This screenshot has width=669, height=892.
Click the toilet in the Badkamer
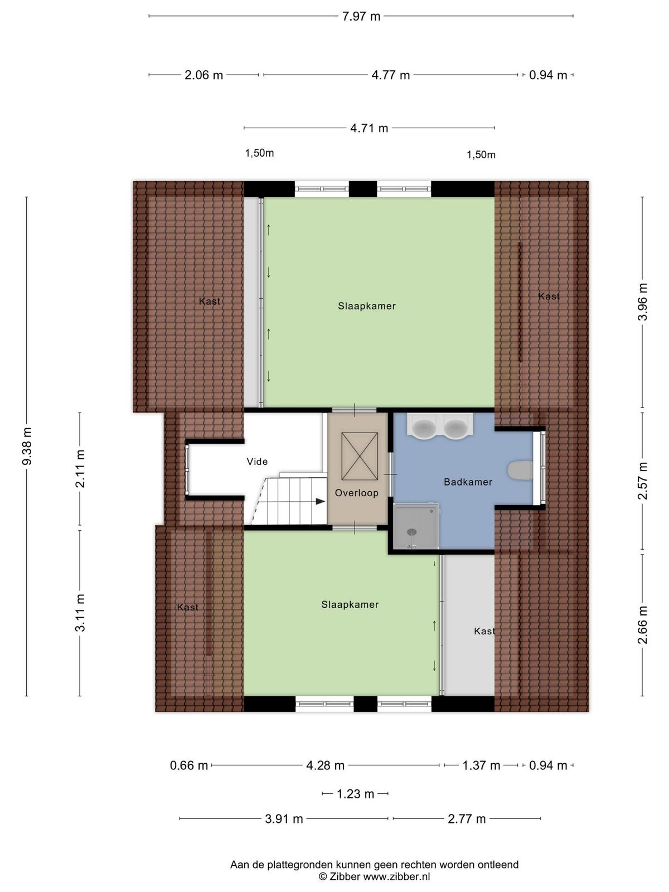pos(520,470)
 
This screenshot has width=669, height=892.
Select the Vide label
pos(257,462)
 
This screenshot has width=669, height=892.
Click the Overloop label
pos(356,493)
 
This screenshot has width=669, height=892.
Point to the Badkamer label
pos(468,482)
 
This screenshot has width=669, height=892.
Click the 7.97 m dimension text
pos(361,16)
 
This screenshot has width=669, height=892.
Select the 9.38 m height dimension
pos(27,446)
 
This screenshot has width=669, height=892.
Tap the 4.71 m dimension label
pos(369,128)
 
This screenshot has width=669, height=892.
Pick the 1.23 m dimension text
pos(356,794)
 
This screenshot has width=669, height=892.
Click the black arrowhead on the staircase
pos(321,501)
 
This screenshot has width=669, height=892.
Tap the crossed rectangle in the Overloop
pos(360,456)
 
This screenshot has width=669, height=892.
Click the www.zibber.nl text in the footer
pos(396,876)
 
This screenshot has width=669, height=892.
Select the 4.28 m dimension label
pos(326,765)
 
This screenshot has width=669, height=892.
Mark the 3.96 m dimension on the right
pos(643,302)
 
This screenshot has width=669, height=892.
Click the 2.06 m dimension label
pos(204,75)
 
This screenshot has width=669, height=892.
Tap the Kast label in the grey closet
pos(484,631)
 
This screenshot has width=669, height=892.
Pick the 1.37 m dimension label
pos(481,765)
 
